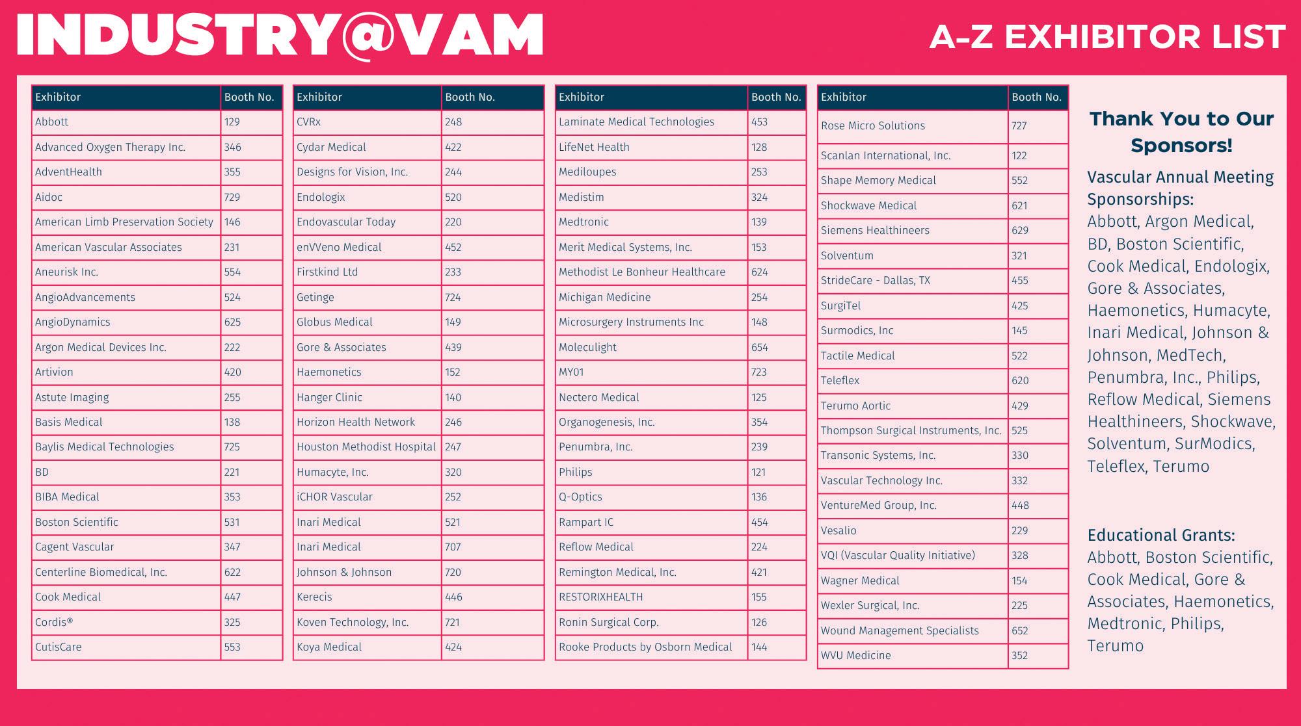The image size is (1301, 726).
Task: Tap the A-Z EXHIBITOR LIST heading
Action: coord(1107,37)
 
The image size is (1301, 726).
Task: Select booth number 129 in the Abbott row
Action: coord(232,122)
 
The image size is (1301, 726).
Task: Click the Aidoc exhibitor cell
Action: coord(49,197)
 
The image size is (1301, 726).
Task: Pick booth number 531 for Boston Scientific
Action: coord(232,522)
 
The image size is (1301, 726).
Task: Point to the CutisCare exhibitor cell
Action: coord(59,647)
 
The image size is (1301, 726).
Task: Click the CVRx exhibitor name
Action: coord(308,122)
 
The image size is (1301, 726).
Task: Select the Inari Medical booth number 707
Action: coord(453,547)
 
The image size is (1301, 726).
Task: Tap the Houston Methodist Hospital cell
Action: coord(366,447)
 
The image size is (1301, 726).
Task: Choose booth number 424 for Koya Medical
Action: coord(453,647)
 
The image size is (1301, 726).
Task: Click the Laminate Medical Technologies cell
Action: coord(636,122)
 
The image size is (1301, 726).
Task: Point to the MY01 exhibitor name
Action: coord(571,372)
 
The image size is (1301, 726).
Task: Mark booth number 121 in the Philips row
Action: coord(758,472)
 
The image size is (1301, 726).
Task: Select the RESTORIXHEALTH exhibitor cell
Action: coord(600,597)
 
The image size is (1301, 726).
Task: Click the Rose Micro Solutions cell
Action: coord(872,126)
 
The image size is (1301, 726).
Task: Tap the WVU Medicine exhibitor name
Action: coord(855,656)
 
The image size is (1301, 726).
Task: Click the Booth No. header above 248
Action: coord(470,97)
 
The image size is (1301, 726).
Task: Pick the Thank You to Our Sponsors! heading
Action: coord(1181,132)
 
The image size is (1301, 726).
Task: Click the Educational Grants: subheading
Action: coord(1161,536)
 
